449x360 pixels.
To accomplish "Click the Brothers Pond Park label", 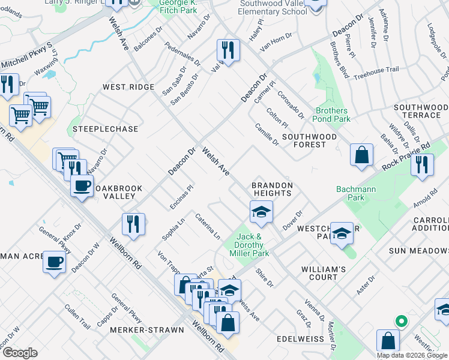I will [x=332, y=115].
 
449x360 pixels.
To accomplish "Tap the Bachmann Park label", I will [x=351, y=193].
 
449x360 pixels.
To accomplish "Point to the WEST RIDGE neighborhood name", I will [x=128, y=88].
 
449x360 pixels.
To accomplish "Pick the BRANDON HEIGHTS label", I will [x=271, y=189].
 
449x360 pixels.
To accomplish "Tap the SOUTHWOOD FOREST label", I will [x=309, y=141].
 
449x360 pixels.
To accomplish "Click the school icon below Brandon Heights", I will [x=261, y=211].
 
